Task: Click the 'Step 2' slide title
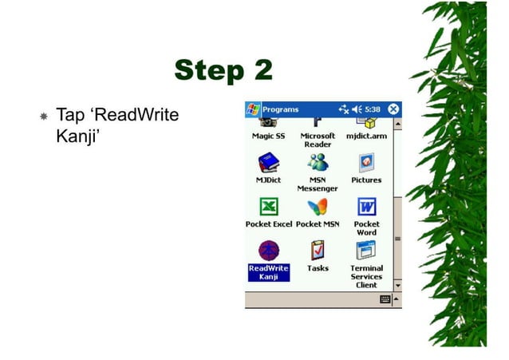click(223, 70)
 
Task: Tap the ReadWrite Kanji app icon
click(267, 251)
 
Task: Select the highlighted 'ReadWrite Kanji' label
click(268, 272)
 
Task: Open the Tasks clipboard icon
click(317, 251)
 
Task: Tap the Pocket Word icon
click(365, 208)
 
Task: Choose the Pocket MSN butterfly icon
click(317, 208)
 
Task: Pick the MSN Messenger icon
click(317, 163)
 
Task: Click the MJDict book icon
click(267, 164)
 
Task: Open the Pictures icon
click(365, 164)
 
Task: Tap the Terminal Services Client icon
click(365, 251)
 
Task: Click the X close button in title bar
click(393, 109)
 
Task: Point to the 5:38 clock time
click(372, 109)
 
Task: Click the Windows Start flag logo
click(253, 109)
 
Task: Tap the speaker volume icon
click(357, 109)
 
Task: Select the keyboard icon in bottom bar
click(385, 299)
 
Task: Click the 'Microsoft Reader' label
click(317, 140)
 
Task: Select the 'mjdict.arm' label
click(365, 136)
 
